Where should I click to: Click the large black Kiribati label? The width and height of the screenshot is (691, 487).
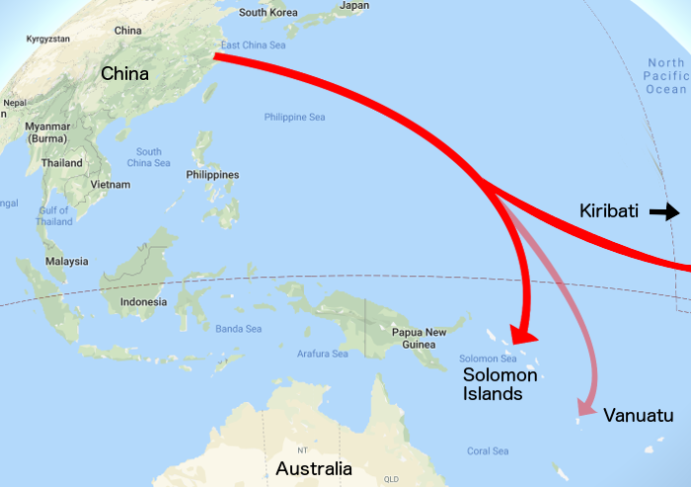[609, 210]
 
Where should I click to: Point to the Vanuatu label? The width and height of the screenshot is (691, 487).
[638, 416]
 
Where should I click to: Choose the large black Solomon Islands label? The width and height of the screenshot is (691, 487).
[500, 384]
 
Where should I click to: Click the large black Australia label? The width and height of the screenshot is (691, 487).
[313, 468]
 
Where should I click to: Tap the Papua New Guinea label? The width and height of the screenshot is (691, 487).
[422, 338]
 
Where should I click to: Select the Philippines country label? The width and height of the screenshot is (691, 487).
[212, 175]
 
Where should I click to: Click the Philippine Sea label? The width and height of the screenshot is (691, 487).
[294, 118]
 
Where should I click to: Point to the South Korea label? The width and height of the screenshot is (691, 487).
[267, 13]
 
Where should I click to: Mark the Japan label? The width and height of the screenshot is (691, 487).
[353, 6]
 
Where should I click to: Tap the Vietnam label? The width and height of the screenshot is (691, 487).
[110, 185]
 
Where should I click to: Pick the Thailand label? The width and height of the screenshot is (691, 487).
[62, 163]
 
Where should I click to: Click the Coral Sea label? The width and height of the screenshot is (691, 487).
[488, 451]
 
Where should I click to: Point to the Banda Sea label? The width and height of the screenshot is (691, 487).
[238, 328]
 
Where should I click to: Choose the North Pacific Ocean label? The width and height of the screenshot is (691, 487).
[665, 76]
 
